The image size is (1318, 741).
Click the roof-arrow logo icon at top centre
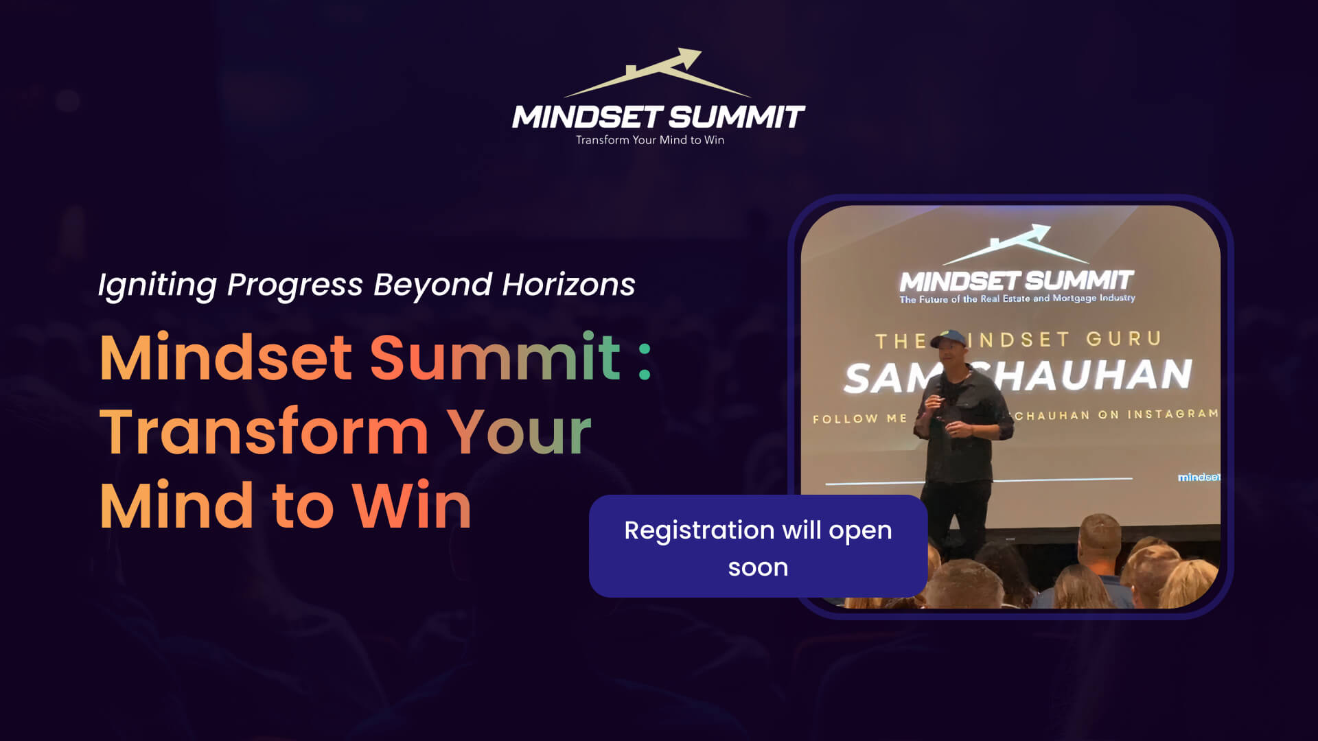[x=658, y=73]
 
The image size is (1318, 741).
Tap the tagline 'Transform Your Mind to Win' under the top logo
[x=649, y=140]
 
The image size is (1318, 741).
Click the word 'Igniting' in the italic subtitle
[x=157, y=285]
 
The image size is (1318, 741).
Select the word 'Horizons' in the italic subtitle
[x=568, y=285]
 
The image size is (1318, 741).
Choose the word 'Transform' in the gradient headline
[x=264, y=432]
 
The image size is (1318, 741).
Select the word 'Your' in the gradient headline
[x=519, y=432]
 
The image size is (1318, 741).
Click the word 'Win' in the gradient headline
[x=412, y=506]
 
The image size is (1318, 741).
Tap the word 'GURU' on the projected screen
[x=1123, y=339]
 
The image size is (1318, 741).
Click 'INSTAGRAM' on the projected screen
[x=1172, y=414]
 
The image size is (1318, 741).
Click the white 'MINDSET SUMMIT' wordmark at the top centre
[x=658, y=117]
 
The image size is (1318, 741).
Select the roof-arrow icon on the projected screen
[x=1015, y=244]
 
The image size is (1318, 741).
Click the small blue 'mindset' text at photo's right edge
[x=1199, y=477]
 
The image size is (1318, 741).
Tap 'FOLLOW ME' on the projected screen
[x=859, y=419]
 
